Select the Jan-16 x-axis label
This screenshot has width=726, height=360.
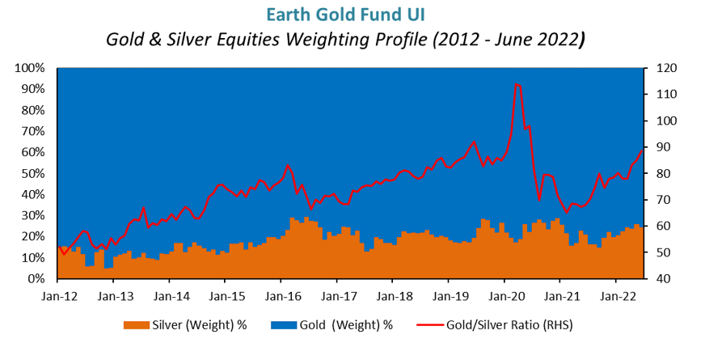point(281,296)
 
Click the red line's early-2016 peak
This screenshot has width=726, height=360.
point(288,166)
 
